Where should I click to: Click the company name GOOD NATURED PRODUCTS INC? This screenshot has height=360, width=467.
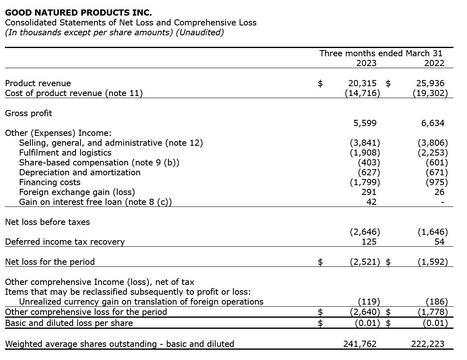click(x=78, y=13)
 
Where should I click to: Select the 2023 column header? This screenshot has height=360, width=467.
click(x=366, y=63)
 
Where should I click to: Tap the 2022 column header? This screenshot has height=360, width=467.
click(x=434, y=63)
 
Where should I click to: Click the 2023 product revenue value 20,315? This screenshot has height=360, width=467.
click(x=362, y=83)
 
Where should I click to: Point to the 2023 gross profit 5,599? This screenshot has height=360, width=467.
click(x=365, y=123)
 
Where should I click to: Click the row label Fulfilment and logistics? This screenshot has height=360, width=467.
click(x=65, y=153)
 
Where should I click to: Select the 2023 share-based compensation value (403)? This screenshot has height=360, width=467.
click(x=369, y=163)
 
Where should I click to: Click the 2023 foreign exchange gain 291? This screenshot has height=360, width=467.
click(x=369, y=192)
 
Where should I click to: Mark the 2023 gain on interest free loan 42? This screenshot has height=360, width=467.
click(x=371, y=202)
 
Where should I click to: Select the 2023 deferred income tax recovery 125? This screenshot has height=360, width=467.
click(x=369, y=242)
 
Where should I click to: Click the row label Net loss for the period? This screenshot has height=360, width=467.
click(x=50, y=262)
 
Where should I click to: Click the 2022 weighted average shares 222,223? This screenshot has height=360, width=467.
click(x=428, y=344)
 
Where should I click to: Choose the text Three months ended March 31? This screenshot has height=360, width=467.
click(x=381, y=53)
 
